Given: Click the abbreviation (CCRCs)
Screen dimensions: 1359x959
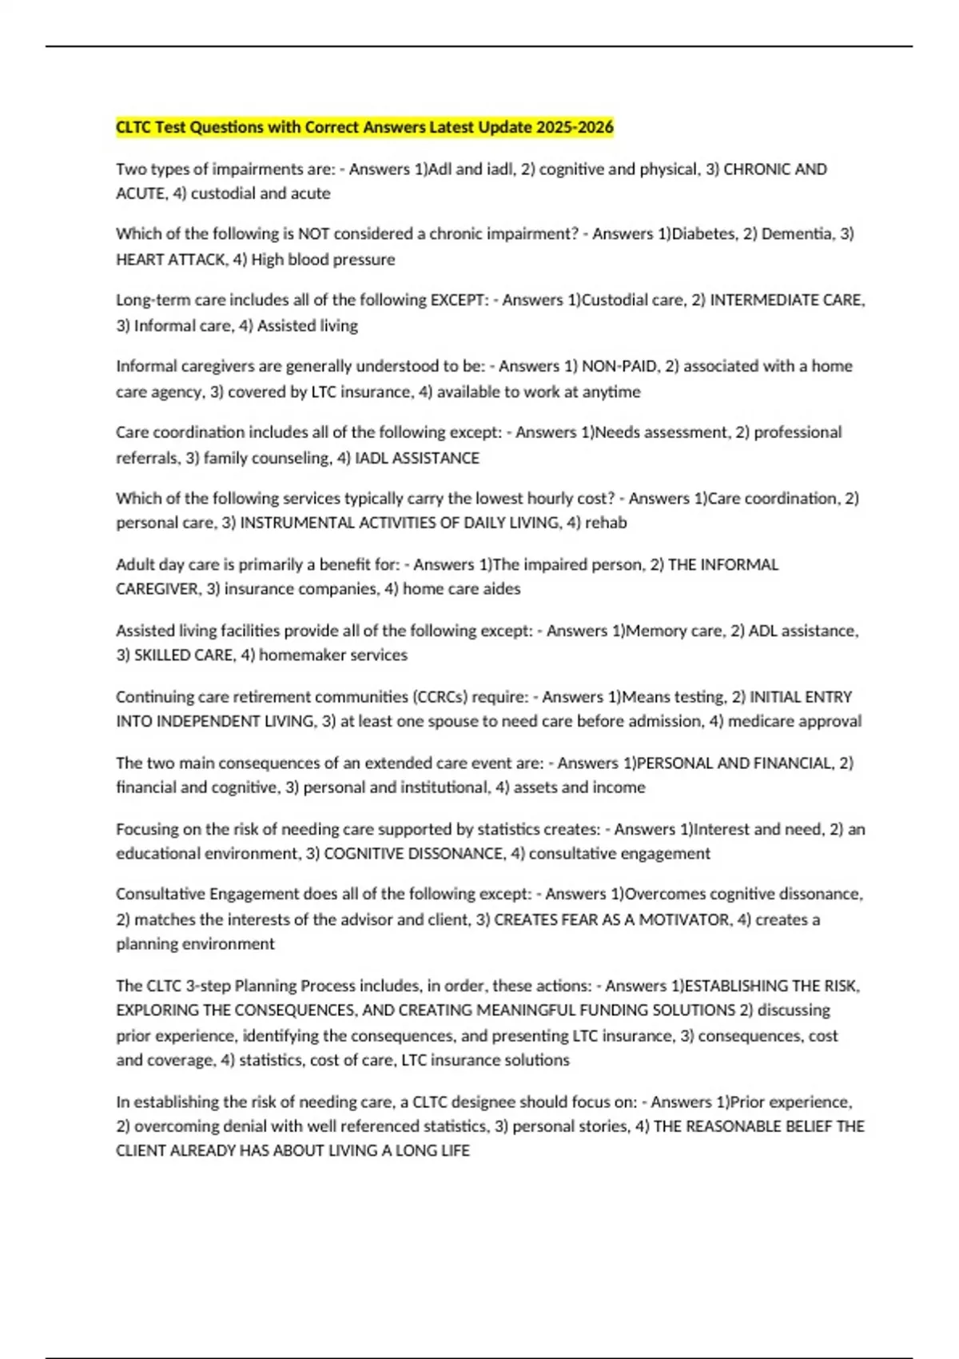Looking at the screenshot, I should pyautogui.click(x=440, y=697).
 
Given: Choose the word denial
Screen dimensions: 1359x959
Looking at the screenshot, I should pyautogui.click(x=241, y=1126).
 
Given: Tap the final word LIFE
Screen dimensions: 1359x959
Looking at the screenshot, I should pyautogui.click(x=454, y=1151).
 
